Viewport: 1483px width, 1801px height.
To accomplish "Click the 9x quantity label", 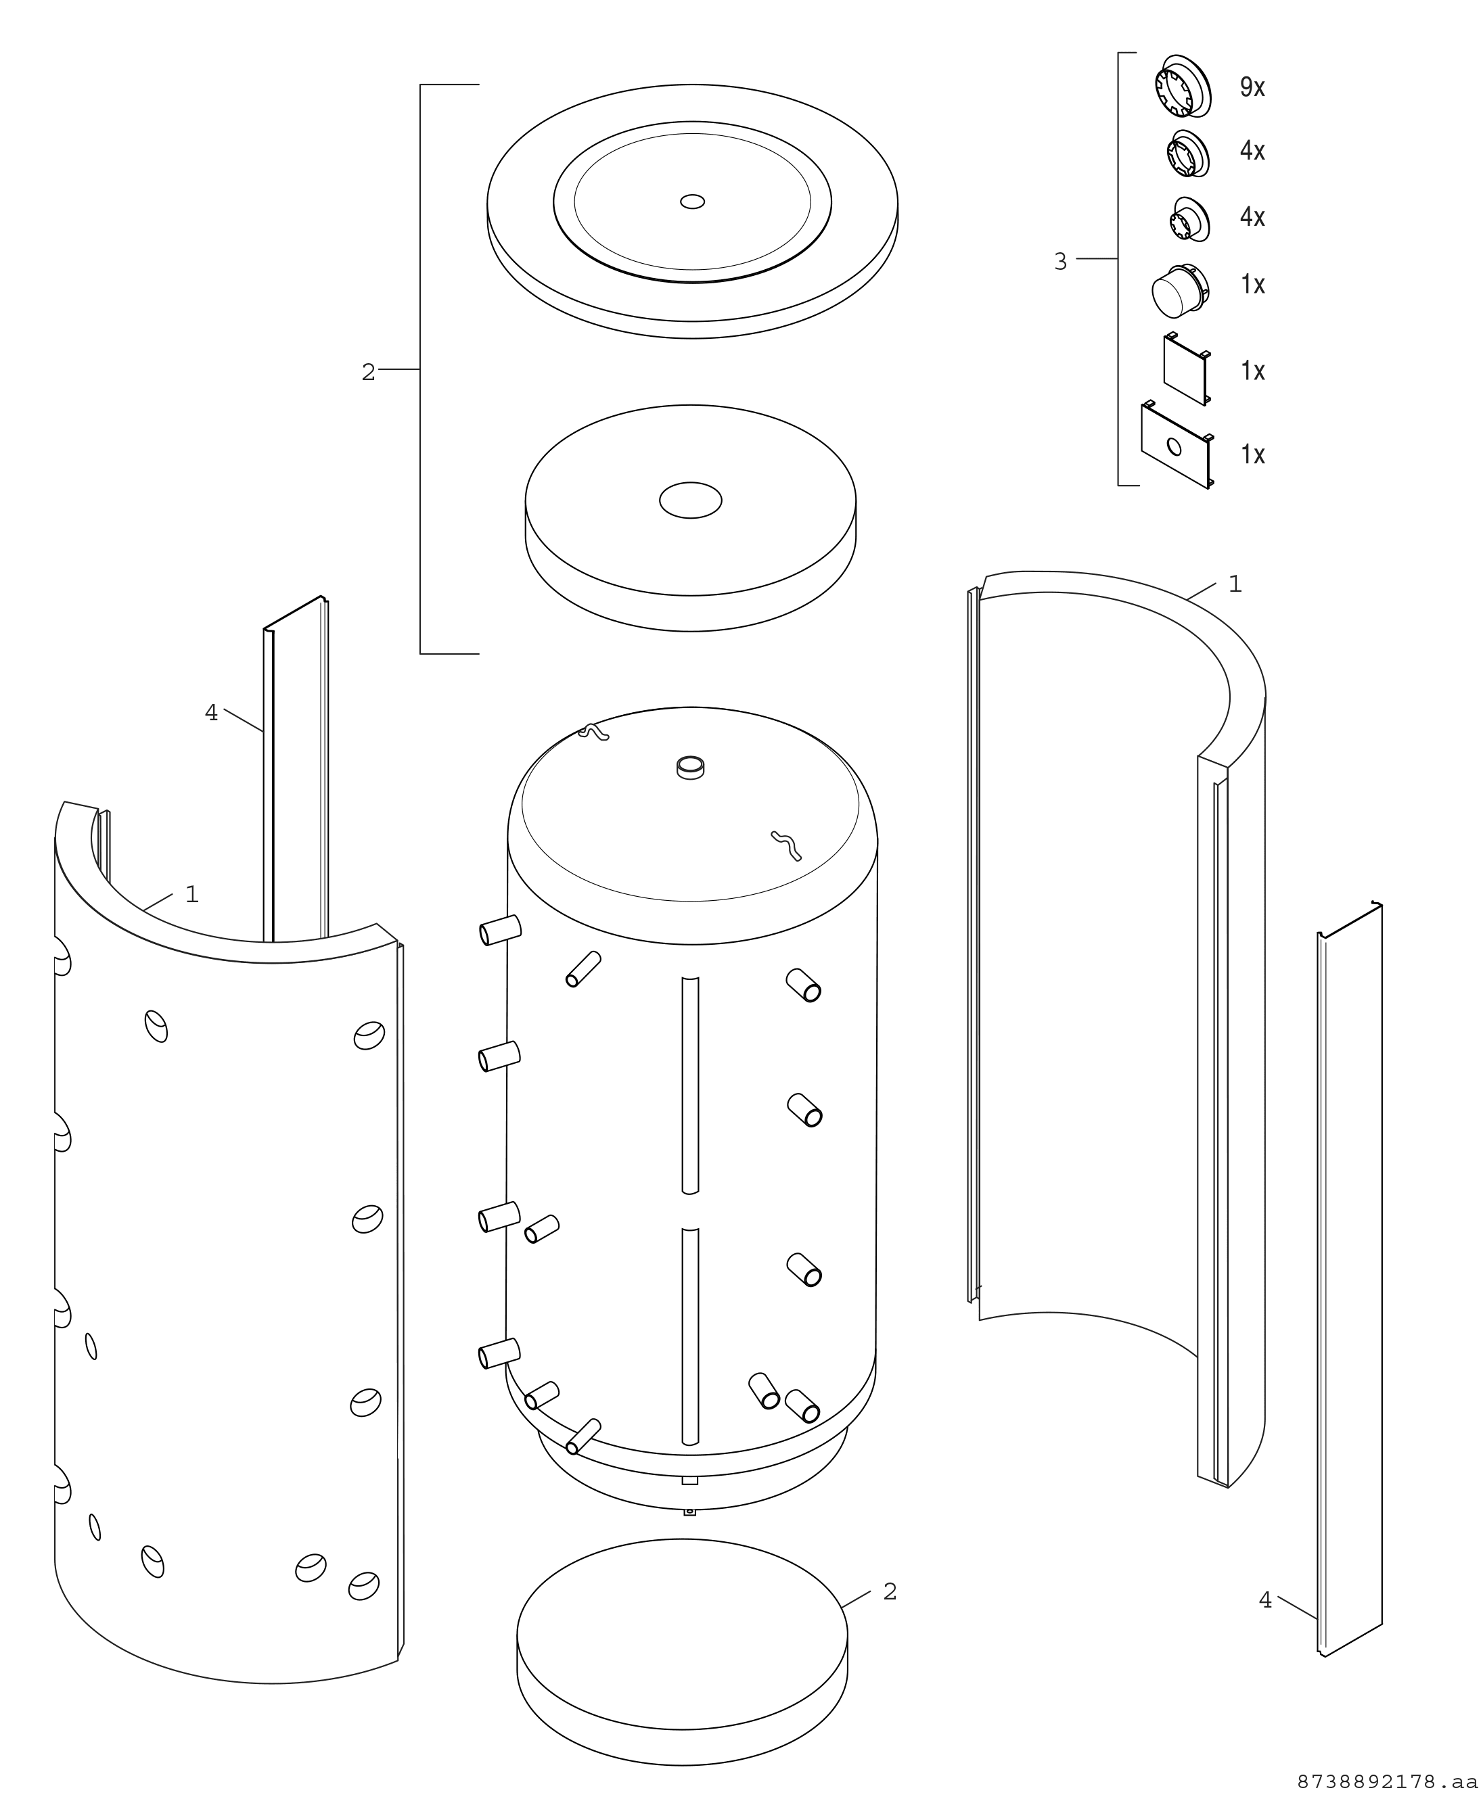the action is click(x=1252, y=87).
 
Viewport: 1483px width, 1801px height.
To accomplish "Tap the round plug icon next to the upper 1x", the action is click(x=1180, y=289).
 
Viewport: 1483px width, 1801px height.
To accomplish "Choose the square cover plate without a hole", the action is click(x=1187, y=369).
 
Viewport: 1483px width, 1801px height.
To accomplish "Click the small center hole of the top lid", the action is click(x=692, y=202).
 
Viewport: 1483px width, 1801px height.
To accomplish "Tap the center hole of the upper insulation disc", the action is click(x=690, y=500).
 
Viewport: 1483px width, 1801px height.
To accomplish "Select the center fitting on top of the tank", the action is click(x=690, y=767).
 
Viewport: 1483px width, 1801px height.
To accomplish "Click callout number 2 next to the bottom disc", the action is click(x=890, y=1592).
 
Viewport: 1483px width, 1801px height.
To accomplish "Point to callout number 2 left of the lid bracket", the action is click(x=368, y=373).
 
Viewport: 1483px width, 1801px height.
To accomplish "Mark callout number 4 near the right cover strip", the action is click(x=1265, y=1600).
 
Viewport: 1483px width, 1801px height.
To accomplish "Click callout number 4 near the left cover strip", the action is click(x=211, y=712).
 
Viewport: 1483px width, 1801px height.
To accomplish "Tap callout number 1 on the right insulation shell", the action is click(x=1235, y=584).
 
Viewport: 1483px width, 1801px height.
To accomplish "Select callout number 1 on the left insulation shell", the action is click(x=192, y=894).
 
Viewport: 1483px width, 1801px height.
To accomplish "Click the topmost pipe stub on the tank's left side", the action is click(x=501, y=930).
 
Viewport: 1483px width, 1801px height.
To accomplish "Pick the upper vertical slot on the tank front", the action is click(x=690, y=1085).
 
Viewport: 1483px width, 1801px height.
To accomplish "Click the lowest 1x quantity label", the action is click(x=1252, y=454).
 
